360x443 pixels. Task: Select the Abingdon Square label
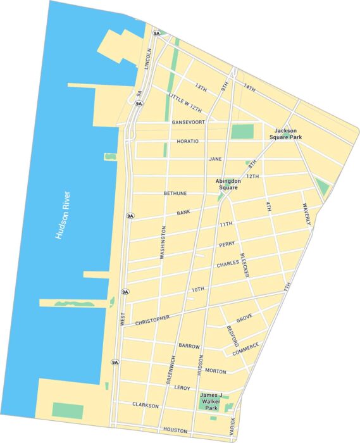coord(228,184)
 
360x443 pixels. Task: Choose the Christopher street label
coord(152,320)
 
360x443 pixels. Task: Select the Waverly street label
coord(306,214)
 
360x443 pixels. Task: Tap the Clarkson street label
coord(145,405)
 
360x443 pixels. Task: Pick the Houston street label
coord(175,430)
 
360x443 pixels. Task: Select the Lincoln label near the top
coord(149,58)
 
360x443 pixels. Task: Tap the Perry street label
coord(227,244)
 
